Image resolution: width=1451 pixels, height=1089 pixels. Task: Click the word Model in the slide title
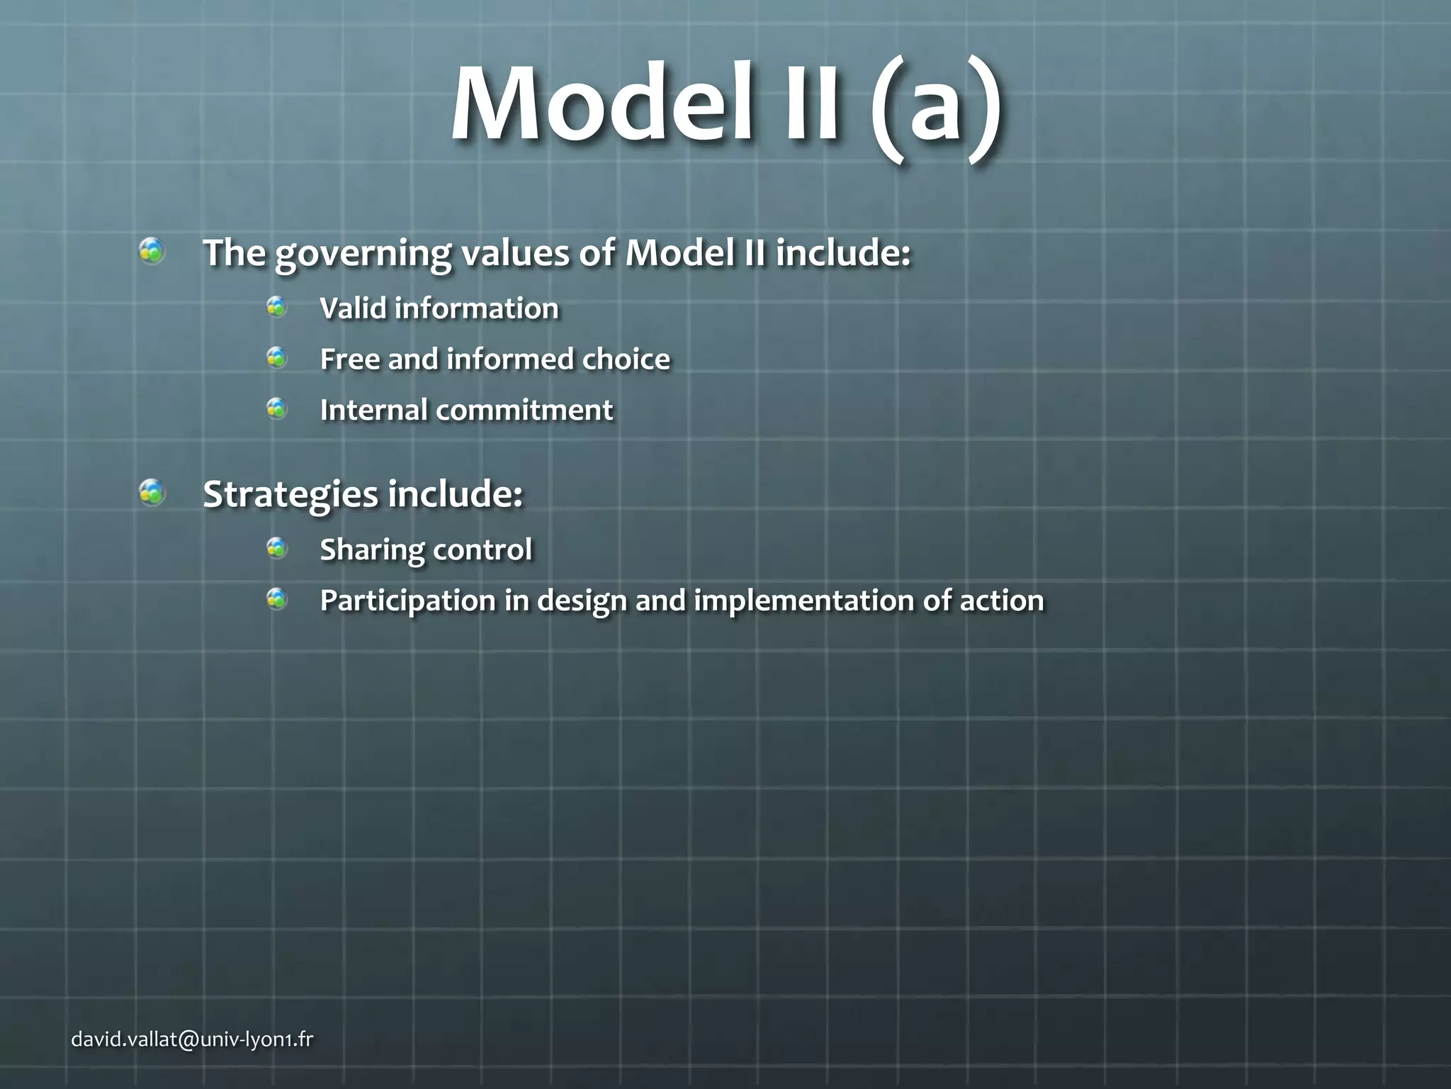602,106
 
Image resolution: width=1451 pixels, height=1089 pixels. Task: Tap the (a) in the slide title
935,110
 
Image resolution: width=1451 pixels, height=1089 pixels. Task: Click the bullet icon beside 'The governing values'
152,252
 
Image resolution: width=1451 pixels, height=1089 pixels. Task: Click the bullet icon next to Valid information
276,308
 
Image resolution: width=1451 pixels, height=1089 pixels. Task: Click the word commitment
524,411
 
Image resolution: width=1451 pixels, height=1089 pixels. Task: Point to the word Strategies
290,494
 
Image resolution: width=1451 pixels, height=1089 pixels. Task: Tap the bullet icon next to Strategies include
152,493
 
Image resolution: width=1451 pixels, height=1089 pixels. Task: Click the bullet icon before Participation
276,600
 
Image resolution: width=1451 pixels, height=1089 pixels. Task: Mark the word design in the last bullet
582,601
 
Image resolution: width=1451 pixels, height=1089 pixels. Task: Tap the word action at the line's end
1002,601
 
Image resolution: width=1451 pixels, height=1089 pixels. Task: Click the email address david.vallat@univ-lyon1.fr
192,1039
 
